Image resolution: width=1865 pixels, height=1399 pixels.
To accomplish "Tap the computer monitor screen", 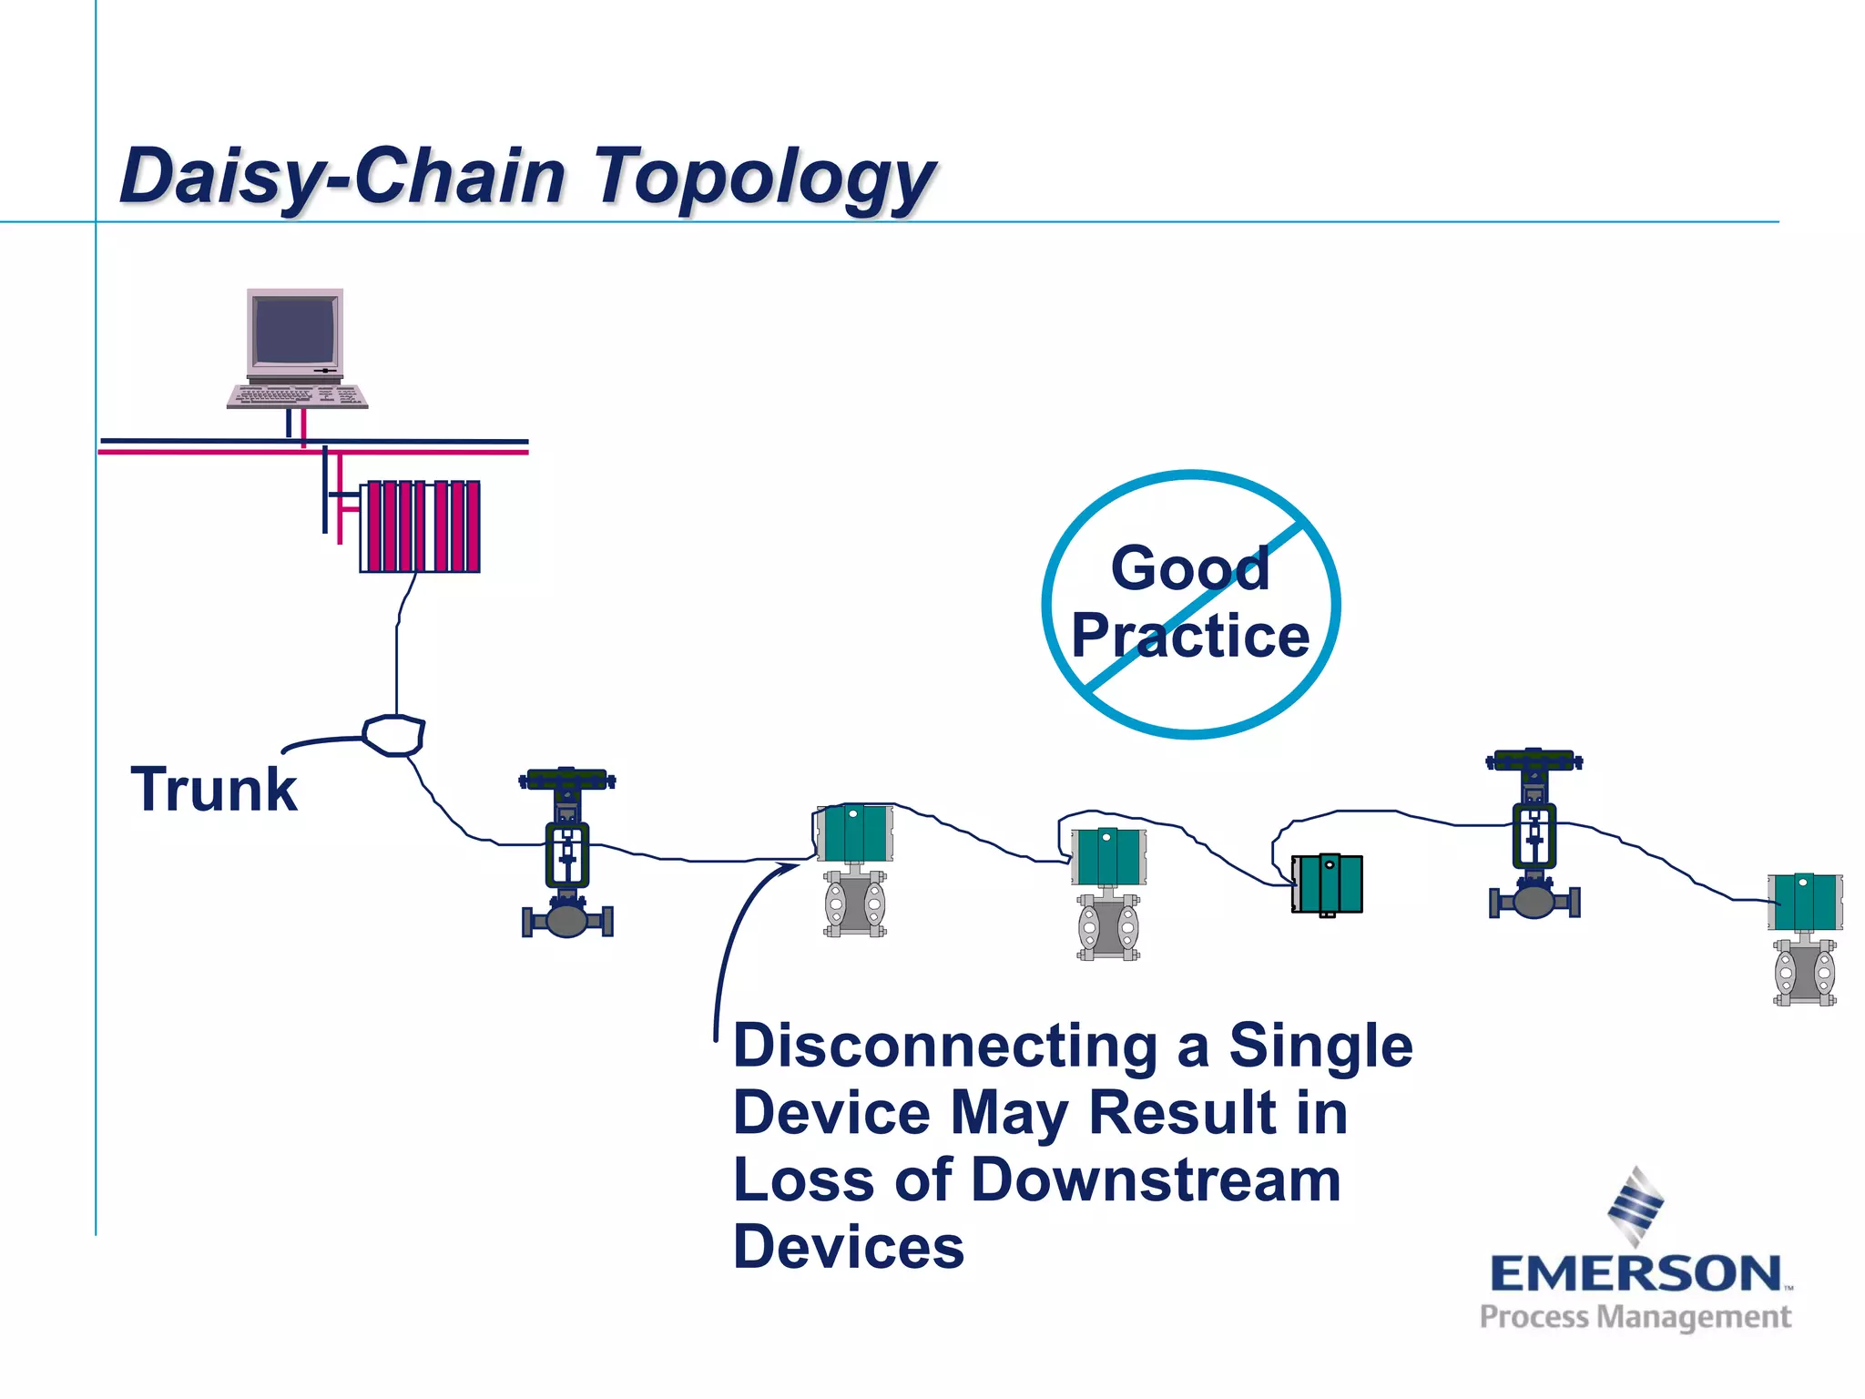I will [x=294, y=331].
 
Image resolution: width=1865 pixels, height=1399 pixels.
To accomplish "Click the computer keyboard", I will [x=297, y=396].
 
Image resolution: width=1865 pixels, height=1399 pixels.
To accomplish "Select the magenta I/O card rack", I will [x=420, y=526].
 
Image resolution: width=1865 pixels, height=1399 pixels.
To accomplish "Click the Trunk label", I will [x=214, y=789].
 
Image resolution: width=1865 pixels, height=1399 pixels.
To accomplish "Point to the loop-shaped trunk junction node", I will [x=394, y=735].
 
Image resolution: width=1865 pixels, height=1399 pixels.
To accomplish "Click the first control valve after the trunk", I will [x=567, y=853].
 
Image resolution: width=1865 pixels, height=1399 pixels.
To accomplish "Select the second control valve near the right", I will [x=1534, y=833].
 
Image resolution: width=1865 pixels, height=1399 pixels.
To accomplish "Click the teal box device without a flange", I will [x=1328, y=883].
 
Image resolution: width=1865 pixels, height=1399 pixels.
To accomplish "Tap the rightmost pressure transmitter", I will [x=1805, y=938].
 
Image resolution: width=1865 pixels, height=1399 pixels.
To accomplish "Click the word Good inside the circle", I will [x=1189, y=568].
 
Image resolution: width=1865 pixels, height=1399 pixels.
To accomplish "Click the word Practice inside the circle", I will [x=1190, y=635].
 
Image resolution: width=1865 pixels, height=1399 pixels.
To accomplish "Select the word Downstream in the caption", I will [x=1157, y=1179].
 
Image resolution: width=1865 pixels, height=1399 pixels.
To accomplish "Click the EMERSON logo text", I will [x=1636, y=1273].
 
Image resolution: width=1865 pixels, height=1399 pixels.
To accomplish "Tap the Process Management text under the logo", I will [x=1636, y=1317].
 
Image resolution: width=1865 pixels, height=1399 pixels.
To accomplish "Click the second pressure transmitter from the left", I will [x=1108, y=893].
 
